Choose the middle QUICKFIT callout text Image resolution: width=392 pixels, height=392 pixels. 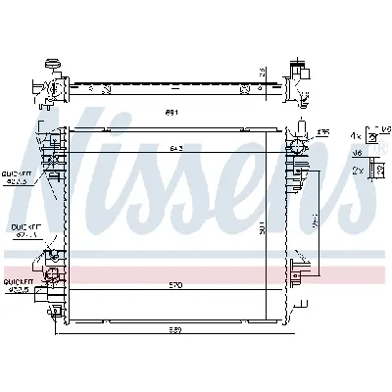click(24, 227)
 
